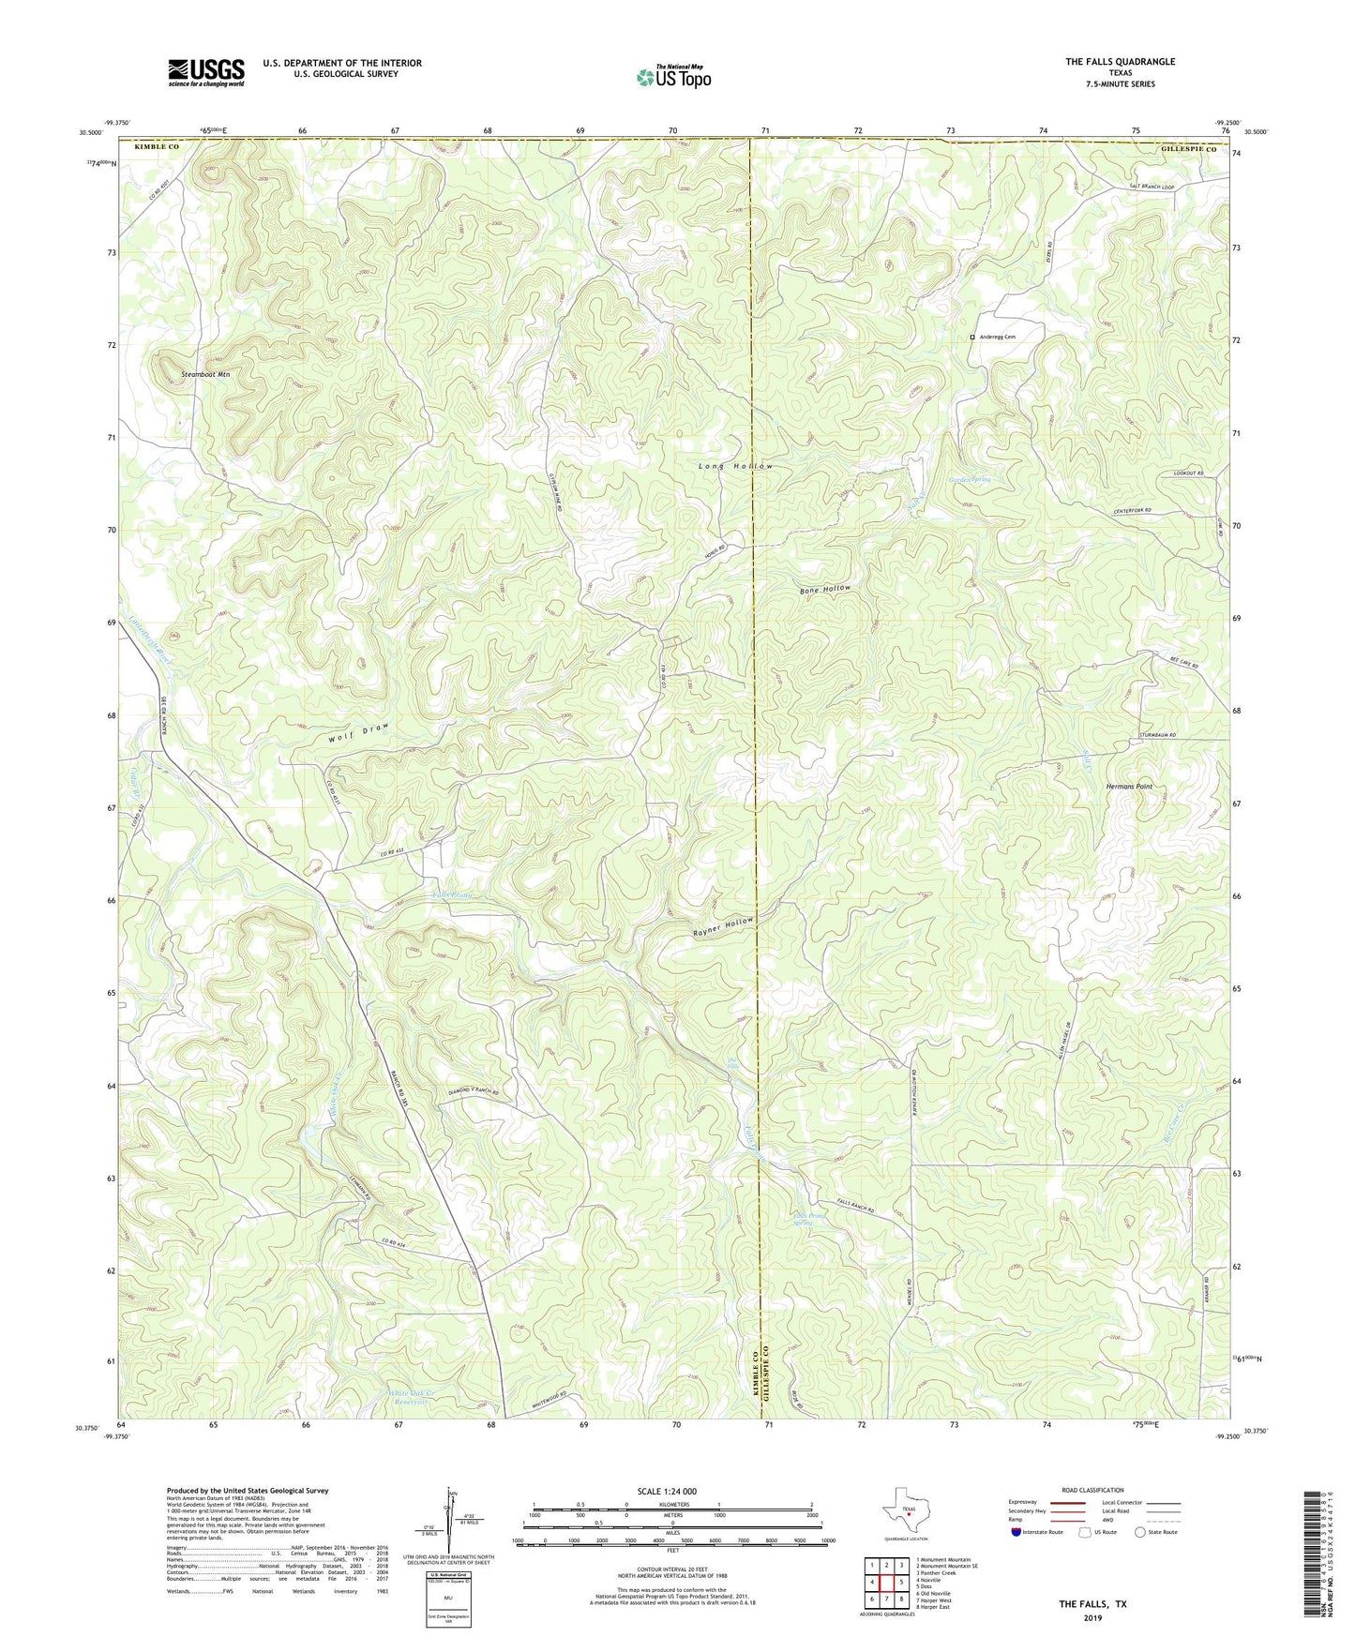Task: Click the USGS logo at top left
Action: tap(206, 71)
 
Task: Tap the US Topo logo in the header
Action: tap(672, 77)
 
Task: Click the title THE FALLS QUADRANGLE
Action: tap(1120, 62)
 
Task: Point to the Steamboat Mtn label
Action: tap(205, 374)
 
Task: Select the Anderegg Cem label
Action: tap(997, 337)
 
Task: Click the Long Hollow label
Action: tap(736, 466)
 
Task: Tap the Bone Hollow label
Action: tap(825, 590)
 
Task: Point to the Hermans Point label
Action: tap(1129, 787)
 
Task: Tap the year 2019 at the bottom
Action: tap(1092, 1618)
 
